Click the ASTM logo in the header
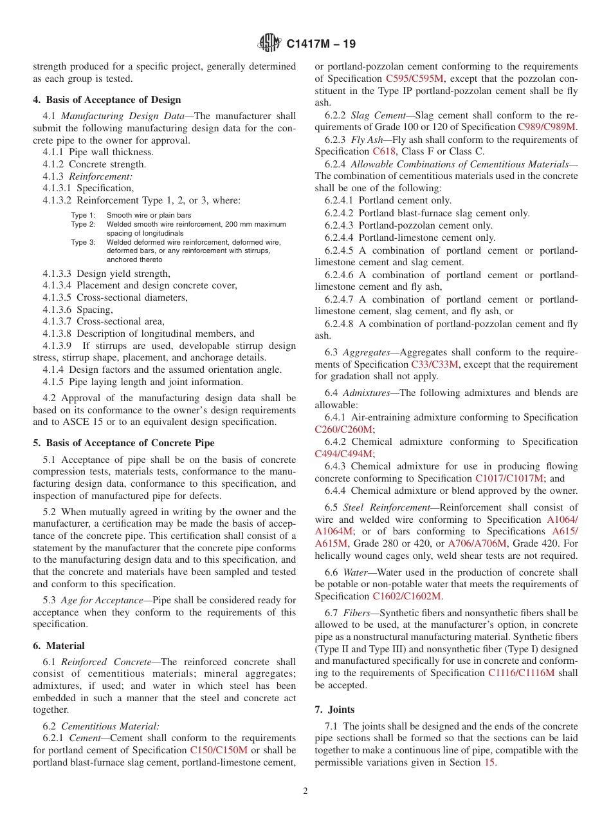click(269, 44)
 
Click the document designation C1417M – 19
click(320, 44)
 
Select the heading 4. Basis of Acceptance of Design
click(107, 100)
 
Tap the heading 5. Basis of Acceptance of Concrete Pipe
click(123, 443)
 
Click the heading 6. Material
click(59, 646)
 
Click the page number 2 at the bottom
click(305, 791)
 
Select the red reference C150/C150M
click(219, 750)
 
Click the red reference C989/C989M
click(547, 127)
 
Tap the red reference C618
click(384, 152)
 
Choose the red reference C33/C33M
click(435, 364)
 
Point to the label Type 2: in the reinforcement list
click(83, 224)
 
